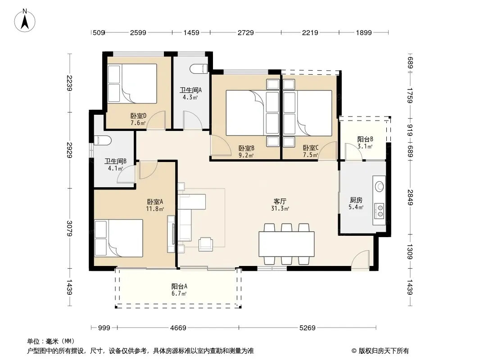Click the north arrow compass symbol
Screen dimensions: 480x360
pyautogui.click(x=25, y=20)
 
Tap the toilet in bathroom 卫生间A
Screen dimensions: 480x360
pyautogui.click(x=199, y=69)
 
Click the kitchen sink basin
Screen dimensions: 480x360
pyautogui.click(x=380, y=186)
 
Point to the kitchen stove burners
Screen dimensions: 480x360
pyautogui.click(x=380, y=211)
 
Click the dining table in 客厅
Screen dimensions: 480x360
pyautogui.click(x=286, y=244)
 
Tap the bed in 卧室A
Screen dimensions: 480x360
pyautogui.click(x=119, y=238)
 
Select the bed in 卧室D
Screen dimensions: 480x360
pyautogui.click(x=132, y=83)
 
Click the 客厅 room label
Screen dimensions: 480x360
pyautogui.click(x=280, y=201)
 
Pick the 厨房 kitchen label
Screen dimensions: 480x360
pyautogui.click(x=356, y=200)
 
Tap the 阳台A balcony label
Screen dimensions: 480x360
pyautogui.click(x=179, y=287)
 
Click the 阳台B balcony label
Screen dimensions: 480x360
pyautogui.click(x=365, y=139)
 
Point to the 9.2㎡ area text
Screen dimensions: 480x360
pyautogui.click(x=246, y=155)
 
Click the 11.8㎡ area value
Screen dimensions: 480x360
pyautogui.click(x=155, y=209)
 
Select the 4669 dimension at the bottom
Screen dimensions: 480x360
pyautogui.click(x=178, y=328)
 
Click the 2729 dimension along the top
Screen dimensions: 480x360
pyautogui.click(x=246, y=32)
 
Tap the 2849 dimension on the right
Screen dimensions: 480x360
pyautogui.click(x=410, y=198)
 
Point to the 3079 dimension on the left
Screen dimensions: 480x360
pyautogui.click(x=70, y=229)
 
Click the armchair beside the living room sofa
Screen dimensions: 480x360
pyautogui.click(x=205, y=244)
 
